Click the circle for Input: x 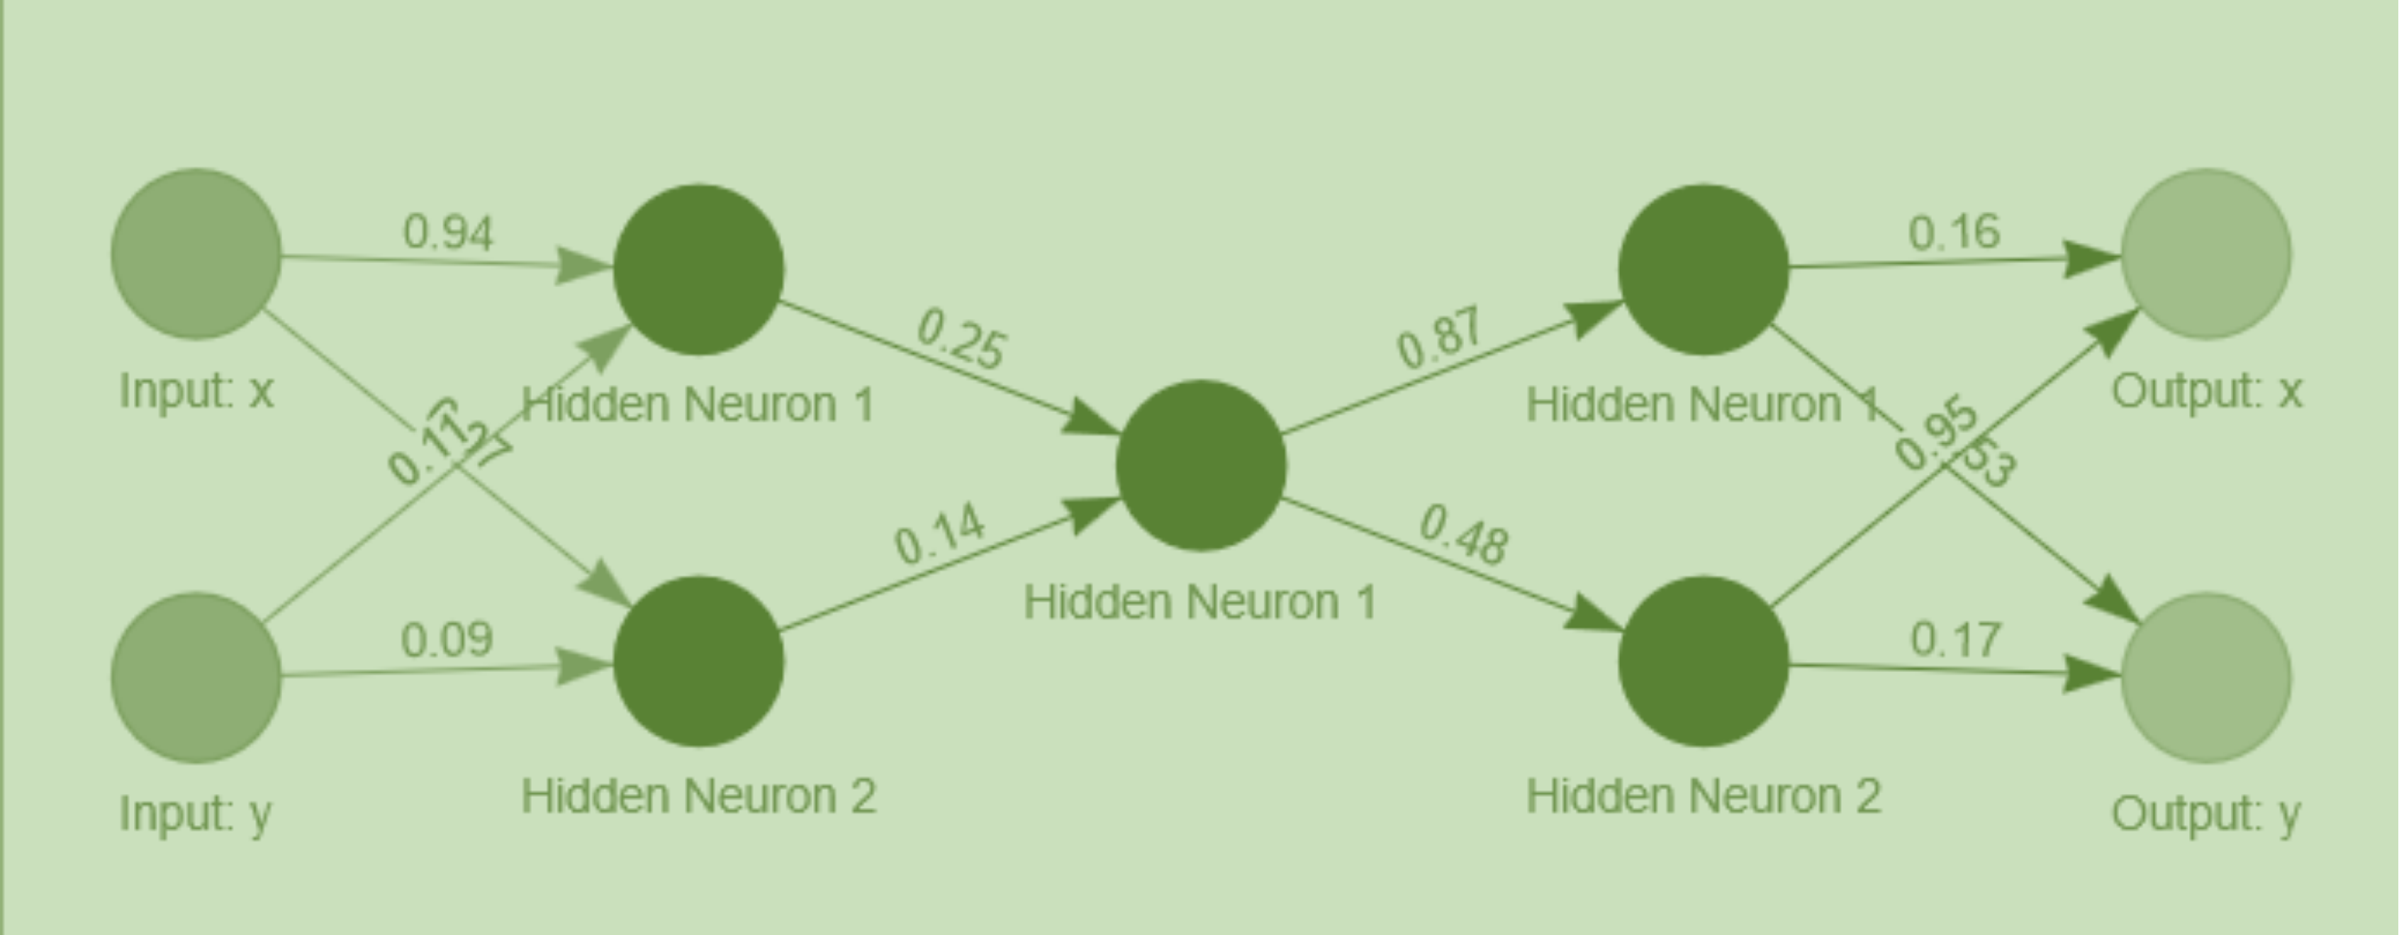196,253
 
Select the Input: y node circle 196,677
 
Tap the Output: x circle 2205,253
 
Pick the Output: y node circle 2205,677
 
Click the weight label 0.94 448,232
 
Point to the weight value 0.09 447,640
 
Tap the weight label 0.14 939,534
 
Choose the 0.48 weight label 1463,534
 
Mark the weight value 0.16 1954,232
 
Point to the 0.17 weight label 1955,640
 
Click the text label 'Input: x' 196,391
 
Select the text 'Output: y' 2205,814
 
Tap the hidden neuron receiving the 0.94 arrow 698,269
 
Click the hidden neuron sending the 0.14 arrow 698,661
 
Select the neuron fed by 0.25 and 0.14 1200,465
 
